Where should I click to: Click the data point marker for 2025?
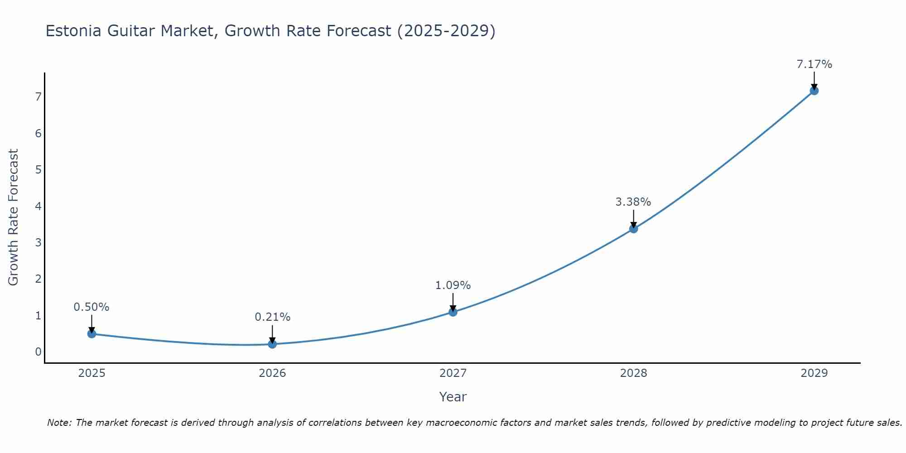point(92,334)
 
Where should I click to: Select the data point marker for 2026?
point(272,344)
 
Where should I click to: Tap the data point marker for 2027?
point(453,312)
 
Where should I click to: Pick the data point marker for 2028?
point(633,229)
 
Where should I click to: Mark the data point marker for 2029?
point(814,91)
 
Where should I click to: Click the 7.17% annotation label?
point(814,64)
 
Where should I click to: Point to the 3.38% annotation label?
point(633,202)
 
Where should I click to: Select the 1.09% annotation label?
point(453,285)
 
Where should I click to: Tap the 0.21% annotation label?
point(272,317)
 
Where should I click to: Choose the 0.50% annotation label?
point(92,307)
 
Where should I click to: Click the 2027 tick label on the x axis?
point(453,373)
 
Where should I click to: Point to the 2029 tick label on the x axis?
point(814,373)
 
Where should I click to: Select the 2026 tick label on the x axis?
point(272,373)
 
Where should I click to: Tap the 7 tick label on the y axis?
point(38,97)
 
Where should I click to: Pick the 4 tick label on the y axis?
point(38,206)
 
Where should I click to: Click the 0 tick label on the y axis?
point(38,352)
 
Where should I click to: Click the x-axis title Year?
point(453,397)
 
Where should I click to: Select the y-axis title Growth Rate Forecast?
point(14,217)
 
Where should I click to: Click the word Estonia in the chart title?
point(74,31)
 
